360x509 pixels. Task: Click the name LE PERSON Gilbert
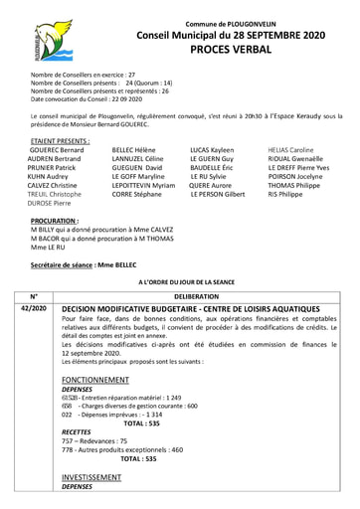point(218,195)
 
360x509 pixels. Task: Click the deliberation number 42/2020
point(34,308)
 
